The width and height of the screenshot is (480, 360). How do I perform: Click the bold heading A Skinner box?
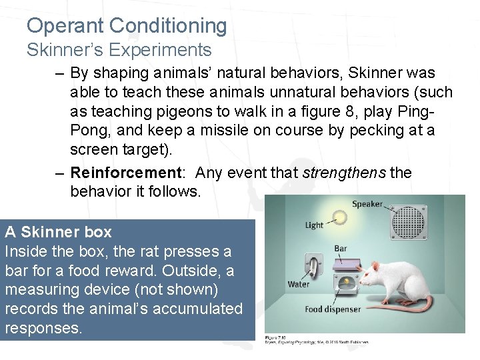click(59, 233)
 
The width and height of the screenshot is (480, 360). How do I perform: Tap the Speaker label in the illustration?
click(367, 204)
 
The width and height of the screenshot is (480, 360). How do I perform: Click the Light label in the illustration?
click(314, 225)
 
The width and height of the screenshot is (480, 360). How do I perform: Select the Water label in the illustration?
click(299, 285)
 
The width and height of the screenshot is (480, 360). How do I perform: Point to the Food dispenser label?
click(333, 309)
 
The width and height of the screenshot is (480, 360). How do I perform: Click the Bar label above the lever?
click(341, 249)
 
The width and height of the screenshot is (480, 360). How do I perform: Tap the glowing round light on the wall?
click(341, 217)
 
